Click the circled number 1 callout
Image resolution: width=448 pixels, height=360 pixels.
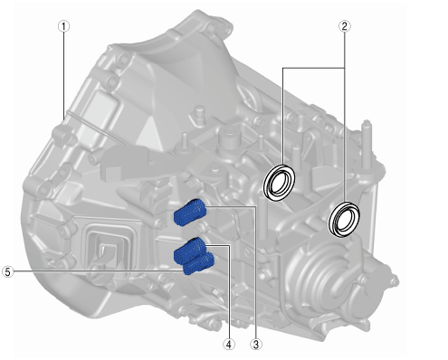(x=63, y=26)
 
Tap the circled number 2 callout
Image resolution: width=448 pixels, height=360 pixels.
(x=344, y=26)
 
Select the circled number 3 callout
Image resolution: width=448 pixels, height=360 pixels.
(x=256, y=344)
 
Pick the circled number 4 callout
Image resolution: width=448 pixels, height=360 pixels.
(x=229, y=344)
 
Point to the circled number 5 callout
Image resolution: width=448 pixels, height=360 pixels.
(x=7, y=271)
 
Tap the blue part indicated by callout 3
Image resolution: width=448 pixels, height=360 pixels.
(x=189, y=213)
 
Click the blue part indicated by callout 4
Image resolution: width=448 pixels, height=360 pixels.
(x=189, y=251)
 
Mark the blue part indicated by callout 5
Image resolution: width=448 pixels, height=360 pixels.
(x=199, y=264)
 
